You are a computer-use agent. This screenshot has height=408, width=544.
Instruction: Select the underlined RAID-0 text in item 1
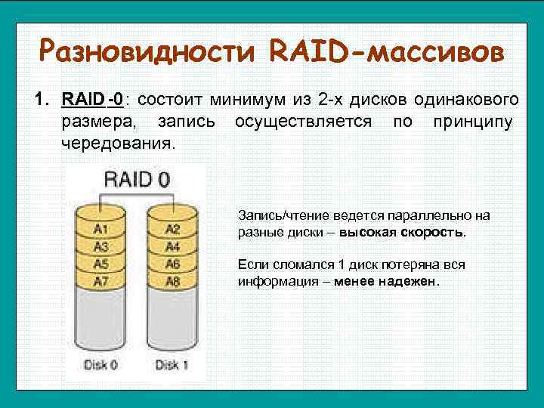[x=93, y=100]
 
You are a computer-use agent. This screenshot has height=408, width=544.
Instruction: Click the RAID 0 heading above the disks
[x=136, y=180]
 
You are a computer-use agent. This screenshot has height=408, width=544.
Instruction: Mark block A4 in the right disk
[x=172, y=246]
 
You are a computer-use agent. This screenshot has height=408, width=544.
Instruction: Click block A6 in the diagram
[x=172, y=264]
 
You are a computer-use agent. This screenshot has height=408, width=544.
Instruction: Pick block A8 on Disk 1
[x=172, y=281]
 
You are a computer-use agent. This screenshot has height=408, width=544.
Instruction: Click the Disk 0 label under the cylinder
[x=102, y=365]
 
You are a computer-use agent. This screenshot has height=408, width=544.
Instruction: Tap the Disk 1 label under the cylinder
[x=172, y=365]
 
